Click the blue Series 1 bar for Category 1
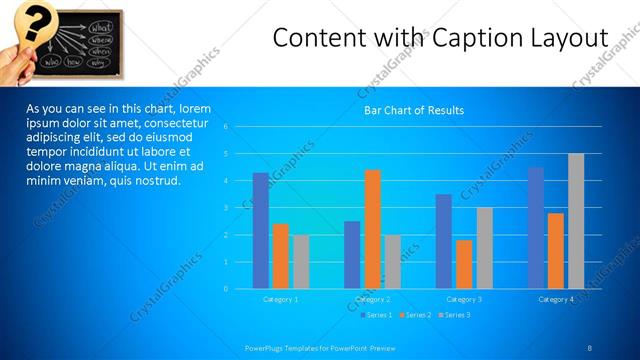click(x=261, y=231)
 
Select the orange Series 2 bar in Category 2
click(x=373, y=229)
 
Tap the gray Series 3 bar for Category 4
click(x=576, y=221)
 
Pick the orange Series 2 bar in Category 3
click(x=464, y=264)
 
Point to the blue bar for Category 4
click(x=536, y=228)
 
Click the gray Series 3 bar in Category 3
click(x=484, y=248)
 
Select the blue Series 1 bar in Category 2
click(x=352, y=255)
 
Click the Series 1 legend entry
click(x=375, y=315)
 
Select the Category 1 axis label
click(x=280, y=299)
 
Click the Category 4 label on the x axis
click(x=556, y=299)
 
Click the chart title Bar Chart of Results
click(x=413, y=110)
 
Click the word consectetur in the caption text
click(x=173, y=122)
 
